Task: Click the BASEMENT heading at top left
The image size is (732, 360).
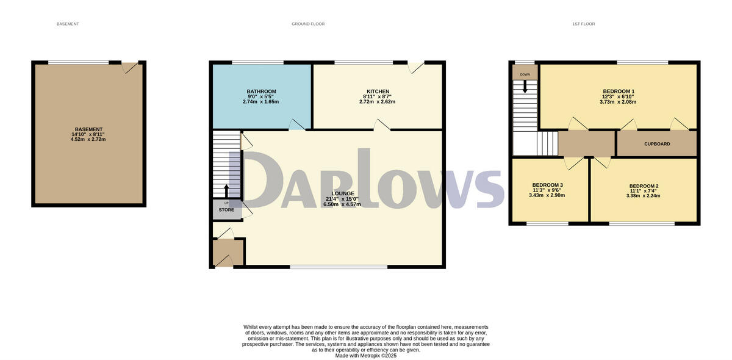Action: pos(68,24)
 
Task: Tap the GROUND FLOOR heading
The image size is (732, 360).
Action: pos(308,24)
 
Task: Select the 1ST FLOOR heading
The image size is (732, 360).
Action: pos(583,24)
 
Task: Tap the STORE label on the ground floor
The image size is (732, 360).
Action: pos(226,210)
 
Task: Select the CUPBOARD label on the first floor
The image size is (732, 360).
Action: pos(657,144)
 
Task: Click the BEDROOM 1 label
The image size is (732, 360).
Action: pos(619,92)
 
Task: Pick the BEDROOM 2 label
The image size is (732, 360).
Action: pos(644,186)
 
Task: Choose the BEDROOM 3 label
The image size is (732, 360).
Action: pos(547,185)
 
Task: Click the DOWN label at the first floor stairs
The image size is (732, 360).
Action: pos(525,74)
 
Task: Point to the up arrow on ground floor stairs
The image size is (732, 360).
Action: pos(227,191)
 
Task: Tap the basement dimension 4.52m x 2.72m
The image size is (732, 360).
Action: pos(88,139)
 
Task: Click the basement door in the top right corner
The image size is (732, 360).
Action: pos(130,67)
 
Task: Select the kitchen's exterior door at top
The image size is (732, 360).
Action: pos(416,67)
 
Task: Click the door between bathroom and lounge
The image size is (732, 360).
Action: pos(297,125)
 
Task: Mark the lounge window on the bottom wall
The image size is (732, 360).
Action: pos(339,267)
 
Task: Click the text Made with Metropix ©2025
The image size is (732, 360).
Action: pos(366,356)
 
